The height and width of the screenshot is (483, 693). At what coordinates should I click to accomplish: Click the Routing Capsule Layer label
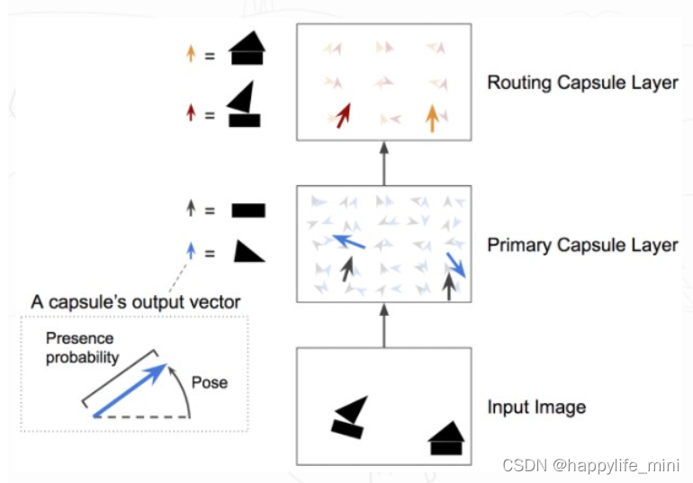(x=581, y=83)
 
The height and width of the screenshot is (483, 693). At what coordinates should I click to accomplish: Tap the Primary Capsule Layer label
(x=581, y=245)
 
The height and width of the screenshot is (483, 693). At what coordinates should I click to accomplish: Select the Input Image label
(x=536, y=407)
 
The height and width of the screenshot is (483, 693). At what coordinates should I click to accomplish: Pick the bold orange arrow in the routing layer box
(x=432, y=118)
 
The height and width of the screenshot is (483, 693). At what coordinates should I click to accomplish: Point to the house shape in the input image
(x=446, y=438)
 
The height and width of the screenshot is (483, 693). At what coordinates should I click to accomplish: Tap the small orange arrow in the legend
(x=190, y=54)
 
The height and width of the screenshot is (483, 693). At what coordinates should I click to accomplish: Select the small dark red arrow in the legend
(x=190, y=114)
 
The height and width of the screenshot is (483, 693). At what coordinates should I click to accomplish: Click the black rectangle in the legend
(x=248, y=211)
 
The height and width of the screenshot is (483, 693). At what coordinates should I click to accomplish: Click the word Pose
(x=209, y=382)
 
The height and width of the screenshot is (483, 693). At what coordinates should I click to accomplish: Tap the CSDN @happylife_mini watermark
(x=590, y=465)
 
